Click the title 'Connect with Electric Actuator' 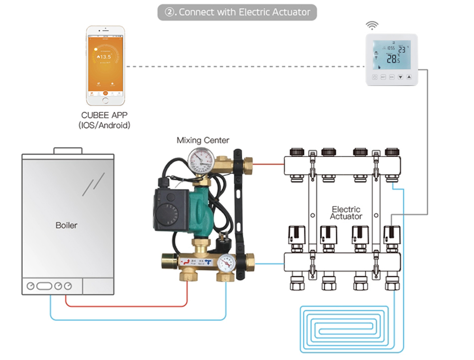coord(237,12)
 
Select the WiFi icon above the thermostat coord(374,25)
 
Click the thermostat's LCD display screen coord(391,55)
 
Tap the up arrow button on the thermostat coord(409,77)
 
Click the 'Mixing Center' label coord(203,140)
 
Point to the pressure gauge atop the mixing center coord(200,160)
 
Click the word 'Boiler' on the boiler coord(66,225)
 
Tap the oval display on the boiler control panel coord(44,286)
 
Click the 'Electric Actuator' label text coord(346,212)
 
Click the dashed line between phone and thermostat coord(246,67)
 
